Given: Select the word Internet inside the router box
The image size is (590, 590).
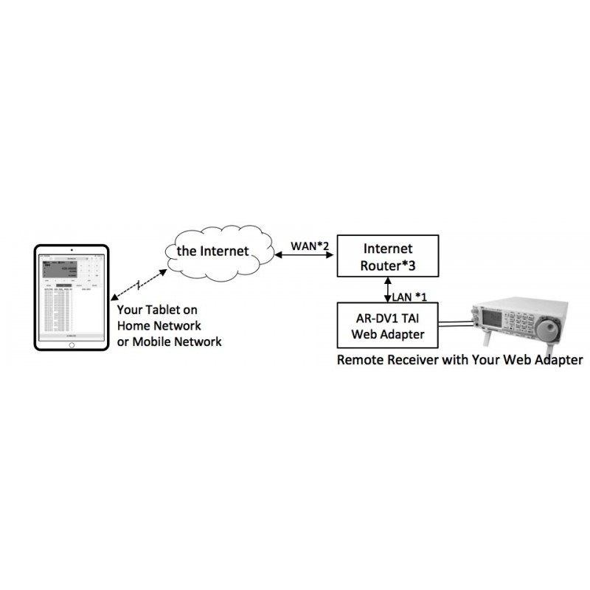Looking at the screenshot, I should (x=387, y=249).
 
